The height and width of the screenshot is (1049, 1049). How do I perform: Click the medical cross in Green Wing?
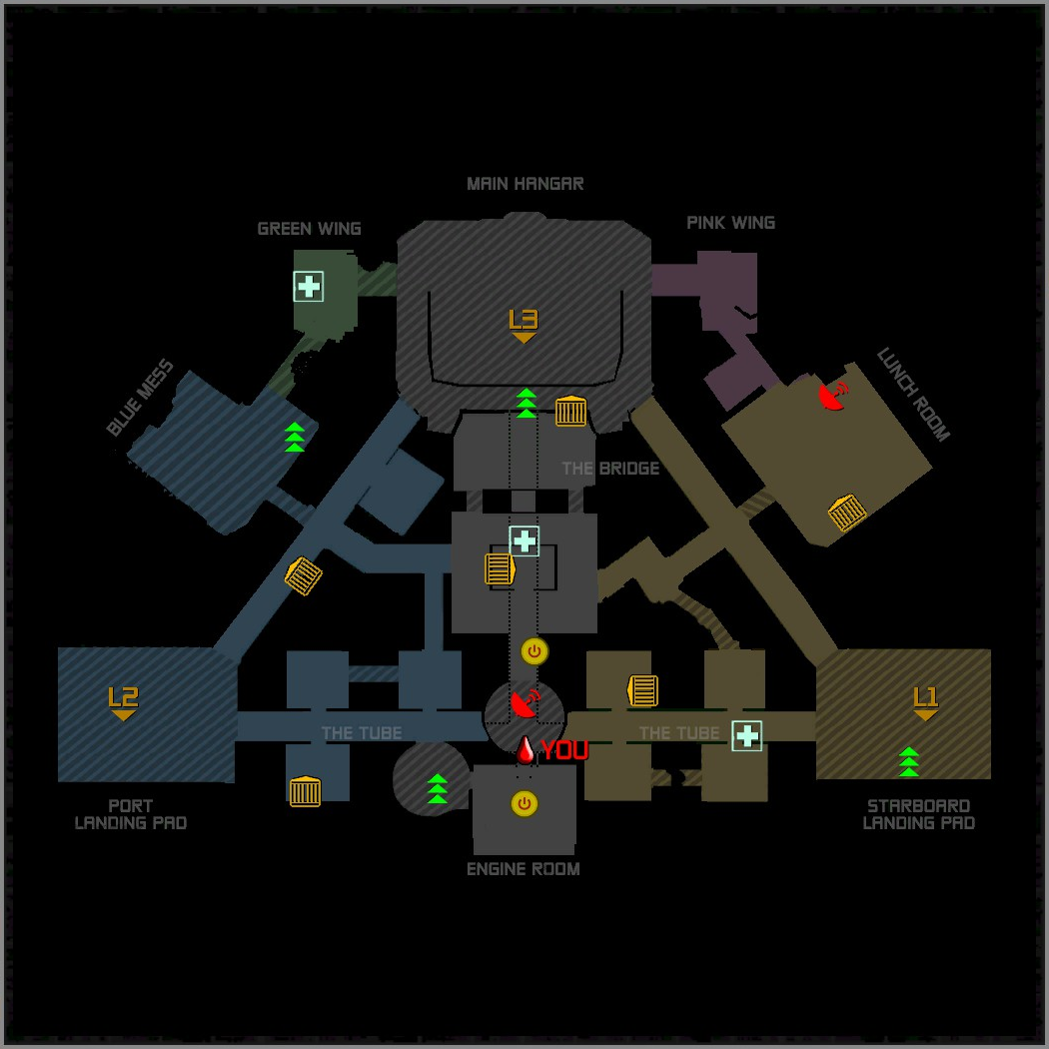[x=309, y=287]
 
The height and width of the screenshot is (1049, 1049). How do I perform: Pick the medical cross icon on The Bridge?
[x=524, y=541]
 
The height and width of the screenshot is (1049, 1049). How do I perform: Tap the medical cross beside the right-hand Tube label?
[x=747, y=736]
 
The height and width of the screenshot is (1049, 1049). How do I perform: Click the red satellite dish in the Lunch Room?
[x=832, y=395]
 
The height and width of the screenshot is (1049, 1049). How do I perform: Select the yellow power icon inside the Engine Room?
[x=524, y=803]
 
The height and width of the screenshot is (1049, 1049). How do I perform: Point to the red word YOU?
[x=564, y=751]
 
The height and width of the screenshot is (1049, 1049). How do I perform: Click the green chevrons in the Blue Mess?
[x=295, y=438]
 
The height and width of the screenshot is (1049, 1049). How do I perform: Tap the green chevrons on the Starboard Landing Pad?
[x=908, y=761]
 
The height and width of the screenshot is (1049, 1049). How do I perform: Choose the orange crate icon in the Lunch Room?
[x=847, y=513]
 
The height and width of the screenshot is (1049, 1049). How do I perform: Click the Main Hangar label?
[x=524, y=184]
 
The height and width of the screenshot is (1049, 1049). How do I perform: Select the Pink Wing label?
[x=730, y=223]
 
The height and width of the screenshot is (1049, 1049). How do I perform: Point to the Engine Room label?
[x=524, y=869]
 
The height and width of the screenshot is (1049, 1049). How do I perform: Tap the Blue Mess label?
[x=141, y=399]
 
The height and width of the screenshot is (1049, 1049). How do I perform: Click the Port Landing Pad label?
[x=131, y=814]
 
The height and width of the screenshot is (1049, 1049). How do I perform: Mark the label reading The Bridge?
[x=610, y=469]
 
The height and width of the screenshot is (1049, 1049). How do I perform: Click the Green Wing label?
[x=309, y=229]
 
